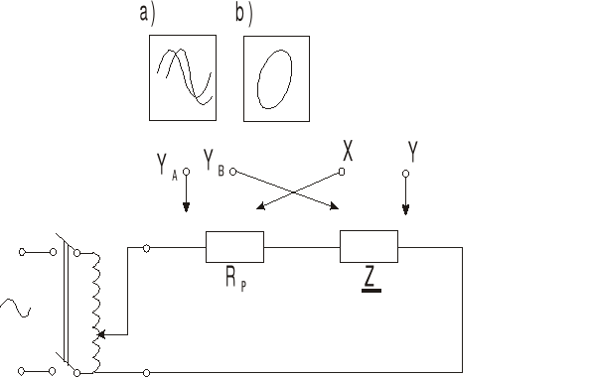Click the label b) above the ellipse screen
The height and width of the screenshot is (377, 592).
point(244,13)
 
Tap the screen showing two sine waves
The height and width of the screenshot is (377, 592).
point(182,77)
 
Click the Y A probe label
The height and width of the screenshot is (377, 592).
point(167,166)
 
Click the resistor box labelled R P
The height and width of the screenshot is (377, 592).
point(234,246)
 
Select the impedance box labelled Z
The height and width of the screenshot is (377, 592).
point(369,246)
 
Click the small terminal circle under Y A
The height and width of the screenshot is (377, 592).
point(186,172)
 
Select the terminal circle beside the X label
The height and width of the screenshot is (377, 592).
point(341,172)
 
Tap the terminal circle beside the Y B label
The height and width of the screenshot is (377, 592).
point(232,172)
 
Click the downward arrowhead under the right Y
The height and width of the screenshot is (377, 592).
point(404,209)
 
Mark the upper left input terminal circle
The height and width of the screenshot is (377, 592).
point(22,252)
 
